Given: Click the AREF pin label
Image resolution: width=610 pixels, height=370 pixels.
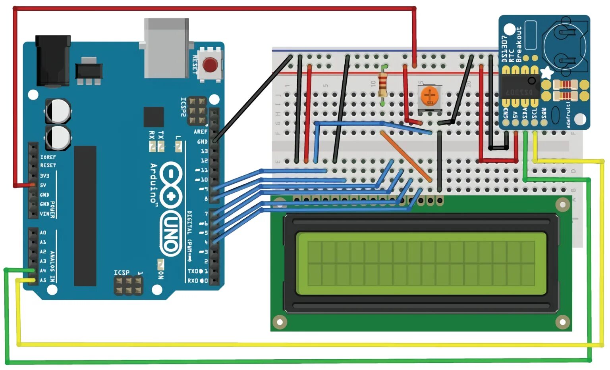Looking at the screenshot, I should click(201, 131).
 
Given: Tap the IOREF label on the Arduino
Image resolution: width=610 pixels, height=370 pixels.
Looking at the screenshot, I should click(48, 157).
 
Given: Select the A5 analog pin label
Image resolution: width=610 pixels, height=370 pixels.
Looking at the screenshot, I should click(42, 280).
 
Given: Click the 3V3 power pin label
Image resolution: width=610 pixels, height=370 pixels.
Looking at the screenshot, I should click(44, 175).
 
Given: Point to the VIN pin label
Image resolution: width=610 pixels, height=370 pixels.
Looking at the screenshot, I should click(44, 214).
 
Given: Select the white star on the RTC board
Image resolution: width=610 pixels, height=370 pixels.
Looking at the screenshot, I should click(547, 73).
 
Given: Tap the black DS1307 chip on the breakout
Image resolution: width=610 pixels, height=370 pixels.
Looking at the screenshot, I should click(519, 87).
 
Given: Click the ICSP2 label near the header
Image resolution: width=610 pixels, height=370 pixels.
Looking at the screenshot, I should click(183, 107).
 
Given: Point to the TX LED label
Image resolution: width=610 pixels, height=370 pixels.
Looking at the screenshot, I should click(161, 134).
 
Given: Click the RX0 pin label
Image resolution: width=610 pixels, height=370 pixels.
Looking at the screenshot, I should click(193, 280).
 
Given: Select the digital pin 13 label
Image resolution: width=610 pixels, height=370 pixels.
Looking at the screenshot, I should click(204, 151).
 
